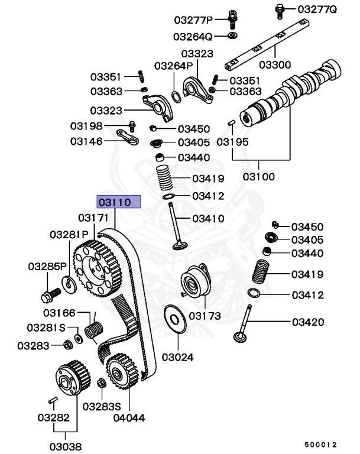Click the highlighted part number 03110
(x=119, y=202)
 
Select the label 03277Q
(x=316, y=9)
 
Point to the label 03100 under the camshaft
(x=260, y=176)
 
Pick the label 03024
(x=177, y=358)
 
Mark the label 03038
(x=65, y=446)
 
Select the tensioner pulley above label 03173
(x=194, y=281)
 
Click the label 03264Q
(x=191, y=37)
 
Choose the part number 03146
(x=86, y=141)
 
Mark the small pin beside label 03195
(x=232, y=122)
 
